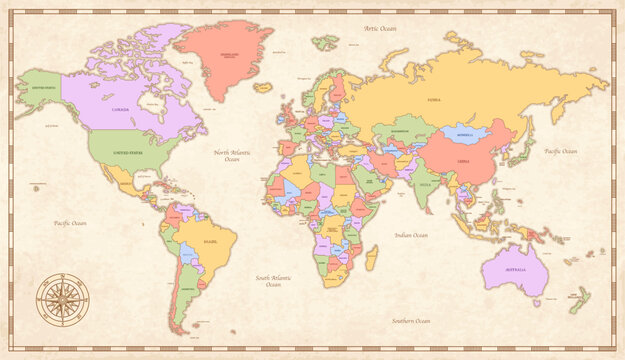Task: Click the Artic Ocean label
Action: click(x=379, y=29)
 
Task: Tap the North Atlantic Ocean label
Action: click(x=232, y=156)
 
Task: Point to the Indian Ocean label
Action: click(x=411, y=235)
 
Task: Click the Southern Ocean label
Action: click(x=410, y=321)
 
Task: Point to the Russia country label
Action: click(x=434, y=100)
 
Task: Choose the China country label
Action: click(x=462, y=159)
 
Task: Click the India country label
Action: click(x=424, y=185)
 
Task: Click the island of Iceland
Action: click(x=263, y=88)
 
